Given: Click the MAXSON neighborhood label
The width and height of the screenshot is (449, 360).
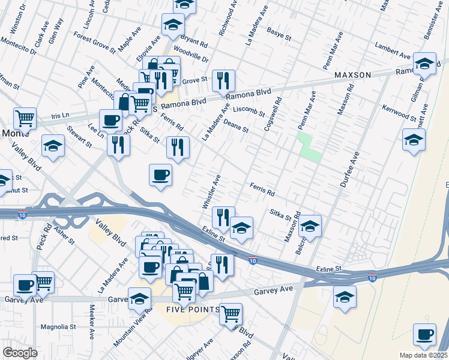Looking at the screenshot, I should pyautogui.click(x=352, y=75).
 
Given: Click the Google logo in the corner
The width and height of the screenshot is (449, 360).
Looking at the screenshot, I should pyautogui.click(x=20, y=352).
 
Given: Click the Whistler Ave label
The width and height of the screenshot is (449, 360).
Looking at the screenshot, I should pyautogui.click(x=212, y=191).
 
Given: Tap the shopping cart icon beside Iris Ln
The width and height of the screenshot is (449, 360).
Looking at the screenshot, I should pyautogui.click(x=25, y=118).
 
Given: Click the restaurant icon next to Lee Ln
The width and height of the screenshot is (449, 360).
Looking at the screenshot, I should pyautogui.click(x=119, y=145).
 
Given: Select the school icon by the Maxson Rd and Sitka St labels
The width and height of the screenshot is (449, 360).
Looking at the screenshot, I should pyautogui.click(x=310, y=226).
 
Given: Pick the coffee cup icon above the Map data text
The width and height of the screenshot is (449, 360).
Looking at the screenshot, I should pyautogui.click(x=425, y=334).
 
